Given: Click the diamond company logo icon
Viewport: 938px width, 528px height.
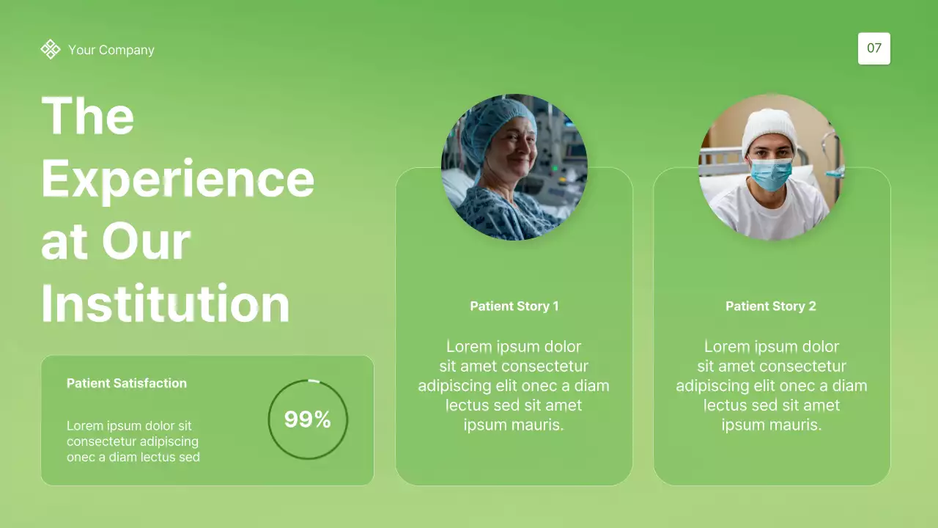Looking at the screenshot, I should (51, 49).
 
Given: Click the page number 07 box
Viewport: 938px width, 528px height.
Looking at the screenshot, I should (874, 48).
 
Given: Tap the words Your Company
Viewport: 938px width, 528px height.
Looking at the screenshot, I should (111, 50).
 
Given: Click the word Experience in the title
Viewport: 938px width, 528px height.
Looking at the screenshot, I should (178, 179).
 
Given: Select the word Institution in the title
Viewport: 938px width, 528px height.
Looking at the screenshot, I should (166, 304).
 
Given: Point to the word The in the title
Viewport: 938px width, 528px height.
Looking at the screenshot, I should (88, 116).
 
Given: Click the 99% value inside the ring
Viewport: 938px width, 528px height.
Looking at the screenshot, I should (308, 419).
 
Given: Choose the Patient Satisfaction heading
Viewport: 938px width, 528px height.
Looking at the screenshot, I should (127, 383).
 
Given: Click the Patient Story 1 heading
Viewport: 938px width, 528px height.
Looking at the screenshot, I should (514, 306).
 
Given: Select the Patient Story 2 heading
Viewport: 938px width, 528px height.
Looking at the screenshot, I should (771, 306).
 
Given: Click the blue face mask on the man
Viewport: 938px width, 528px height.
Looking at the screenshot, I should (770, 173).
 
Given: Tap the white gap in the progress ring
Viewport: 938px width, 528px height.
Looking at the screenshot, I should (314, 381).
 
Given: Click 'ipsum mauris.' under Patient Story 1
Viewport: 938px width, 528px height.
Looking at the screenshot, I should (514, 425).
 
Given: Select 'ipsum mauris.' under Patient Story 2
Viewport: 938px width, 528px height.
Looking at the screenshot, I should (772, 425).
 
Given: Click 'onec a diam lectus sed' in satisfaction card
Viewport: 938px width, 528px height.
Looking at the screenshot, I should (133, 457).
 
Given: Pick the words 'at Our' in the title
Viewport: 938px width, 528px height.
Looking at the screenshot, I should (116, 241).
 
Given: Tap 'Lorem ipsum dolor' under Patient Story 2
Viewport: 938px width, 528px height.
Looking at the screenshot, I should (772, 346).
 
